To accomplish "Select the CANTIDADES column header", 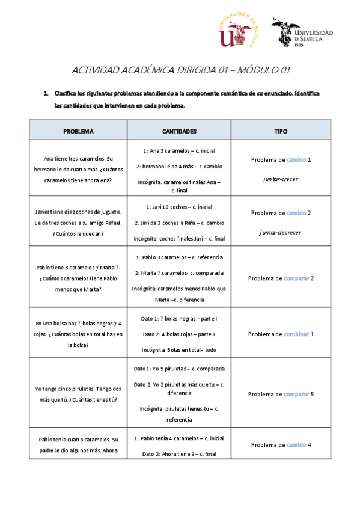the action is coord(179,130).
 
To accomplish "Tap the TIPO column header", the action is coord(281,130).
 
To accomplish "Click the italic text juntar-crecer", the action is coord(281,179).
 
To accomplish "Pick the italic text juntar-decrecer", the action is coord(281,232).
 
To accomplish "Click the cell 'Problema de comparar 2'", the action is coord(281,278).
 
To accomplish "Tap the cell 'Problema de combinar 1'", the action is coord(281,334).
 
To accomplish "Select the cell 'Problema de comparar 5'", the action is coord(281,395).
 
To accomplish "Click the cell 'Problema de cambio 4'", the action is coord(281,445).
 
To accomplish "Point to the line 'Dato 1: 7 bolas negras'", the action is coord(179,318).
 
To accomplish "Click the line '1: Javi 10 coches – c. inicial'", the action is coord(179,207).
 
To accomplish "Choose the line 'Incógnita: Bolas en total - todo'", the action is coord(179,349).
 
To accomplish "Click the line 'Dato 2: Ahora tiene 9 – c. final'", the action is coord(179,455).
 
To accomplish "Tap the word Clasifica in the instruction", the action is coord(67,94).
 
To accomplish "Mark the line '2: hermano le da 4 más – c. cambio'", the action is coord(179,166).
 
